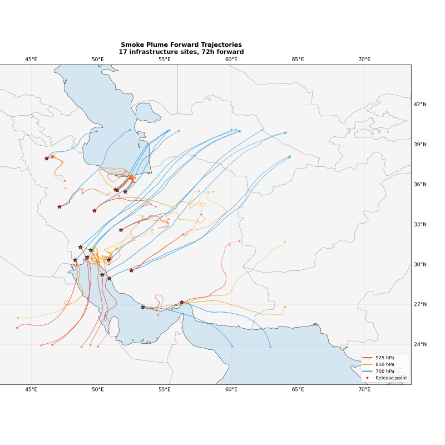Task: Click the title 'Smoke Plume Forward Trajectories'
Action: pyautogui.click(x=181, y=45)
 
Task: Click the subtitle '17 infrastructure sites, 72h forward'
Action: pyautogui.click(x=181, y=52)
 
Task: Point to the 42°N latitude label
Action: pyautogui.click(x=420, y=105)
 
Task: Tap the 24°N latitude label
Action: pyautogui.click(x=420, y=345)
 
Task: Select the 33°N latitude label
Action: pyautogui.click(x=420, y=225)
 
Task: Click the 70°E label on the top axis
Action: pyautogui.click(x=364, y=60)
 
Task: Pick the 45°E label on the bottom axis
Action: pyautogui.click(x=31, y=389)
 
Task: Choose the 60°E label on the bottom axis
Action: pyautogui.click(x=231, y=389)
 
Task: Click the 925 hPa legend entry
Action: pyautogui.click(x=384, y=358)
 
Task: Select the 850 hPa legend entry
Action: pyautogui.click(x=384, y=364)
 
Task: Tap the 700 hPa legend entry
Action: pyautogui.click(x=384, y=371)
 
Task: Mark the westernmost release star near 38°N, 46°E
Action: pyautogui.click(x=47, y=159)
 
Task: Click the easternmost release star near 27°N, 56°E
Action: pyautogui.click(x=182, y=303)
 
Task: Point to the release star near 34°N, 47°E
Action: pyautogui.click(x=60, y=207)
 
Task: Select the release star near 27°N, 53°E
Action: pyautogui.click(x=143, y=307)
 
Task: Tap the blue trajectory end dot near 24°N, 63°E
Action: pyautogui.click(x=270, y=347)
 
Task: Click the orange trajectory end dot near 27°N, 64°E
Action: pyautogui.click(x=285, y=306)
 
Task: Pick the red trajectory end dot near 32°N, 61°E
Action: pyautogui.click(x=240, y=241)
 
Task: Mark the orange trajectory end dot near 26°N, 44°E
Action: pyautogui.click(x=18, y=318)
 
